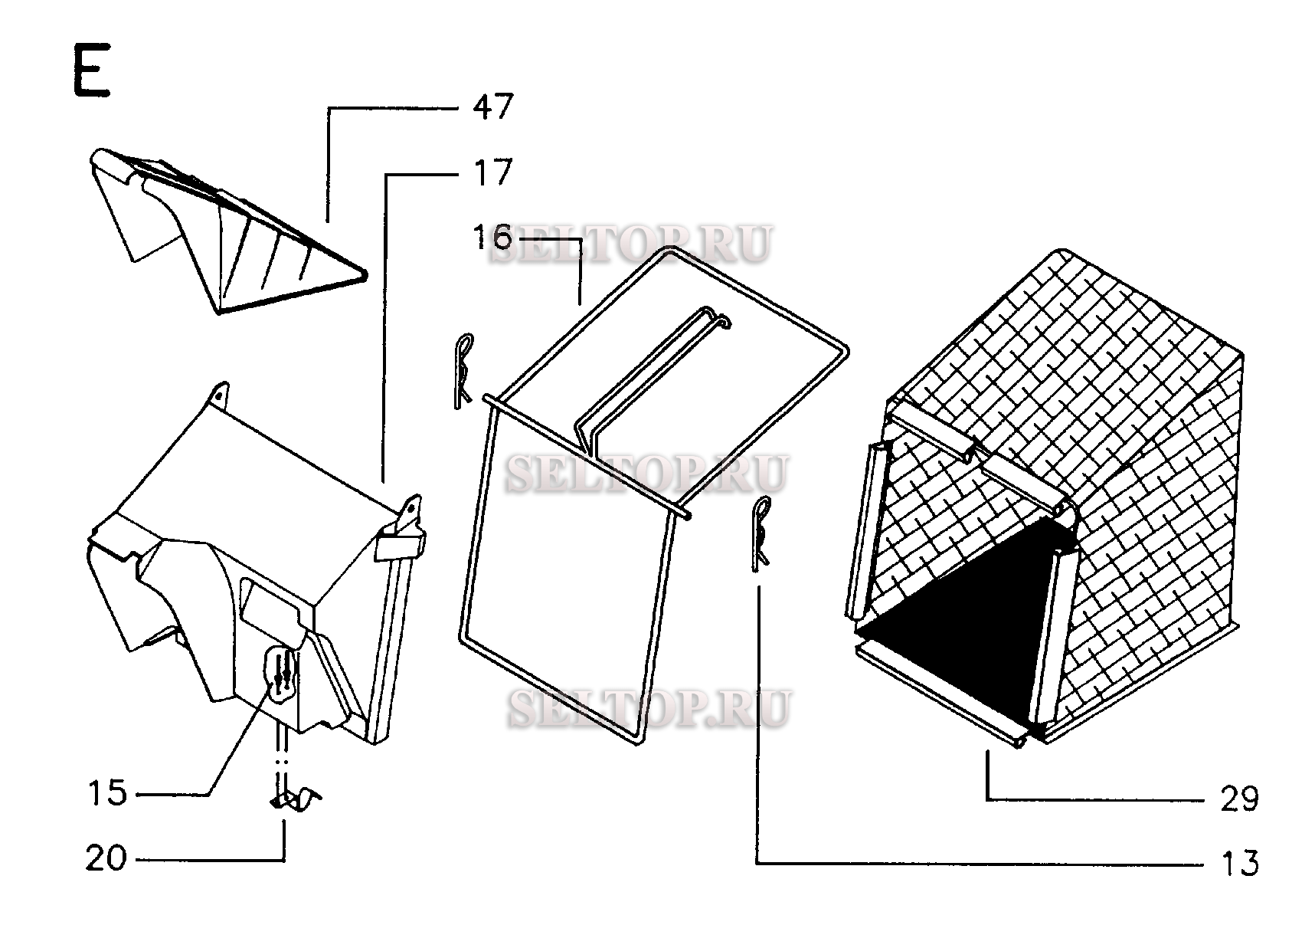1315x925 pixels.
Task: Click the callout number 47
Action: coord(492,107)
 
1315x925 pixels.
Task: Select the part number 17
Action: coord(492,173)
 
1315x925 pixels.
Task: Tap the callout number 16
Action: coord(491,238)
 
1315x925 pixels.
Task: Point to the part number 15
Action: coord(107,793)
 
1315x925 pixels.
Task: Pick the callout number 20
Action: coord(106,858)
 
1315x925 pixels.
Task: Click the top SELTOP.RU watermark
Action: coord(630,244)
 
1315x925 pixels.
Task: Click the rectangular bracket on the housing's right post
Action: coord(400,545)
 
